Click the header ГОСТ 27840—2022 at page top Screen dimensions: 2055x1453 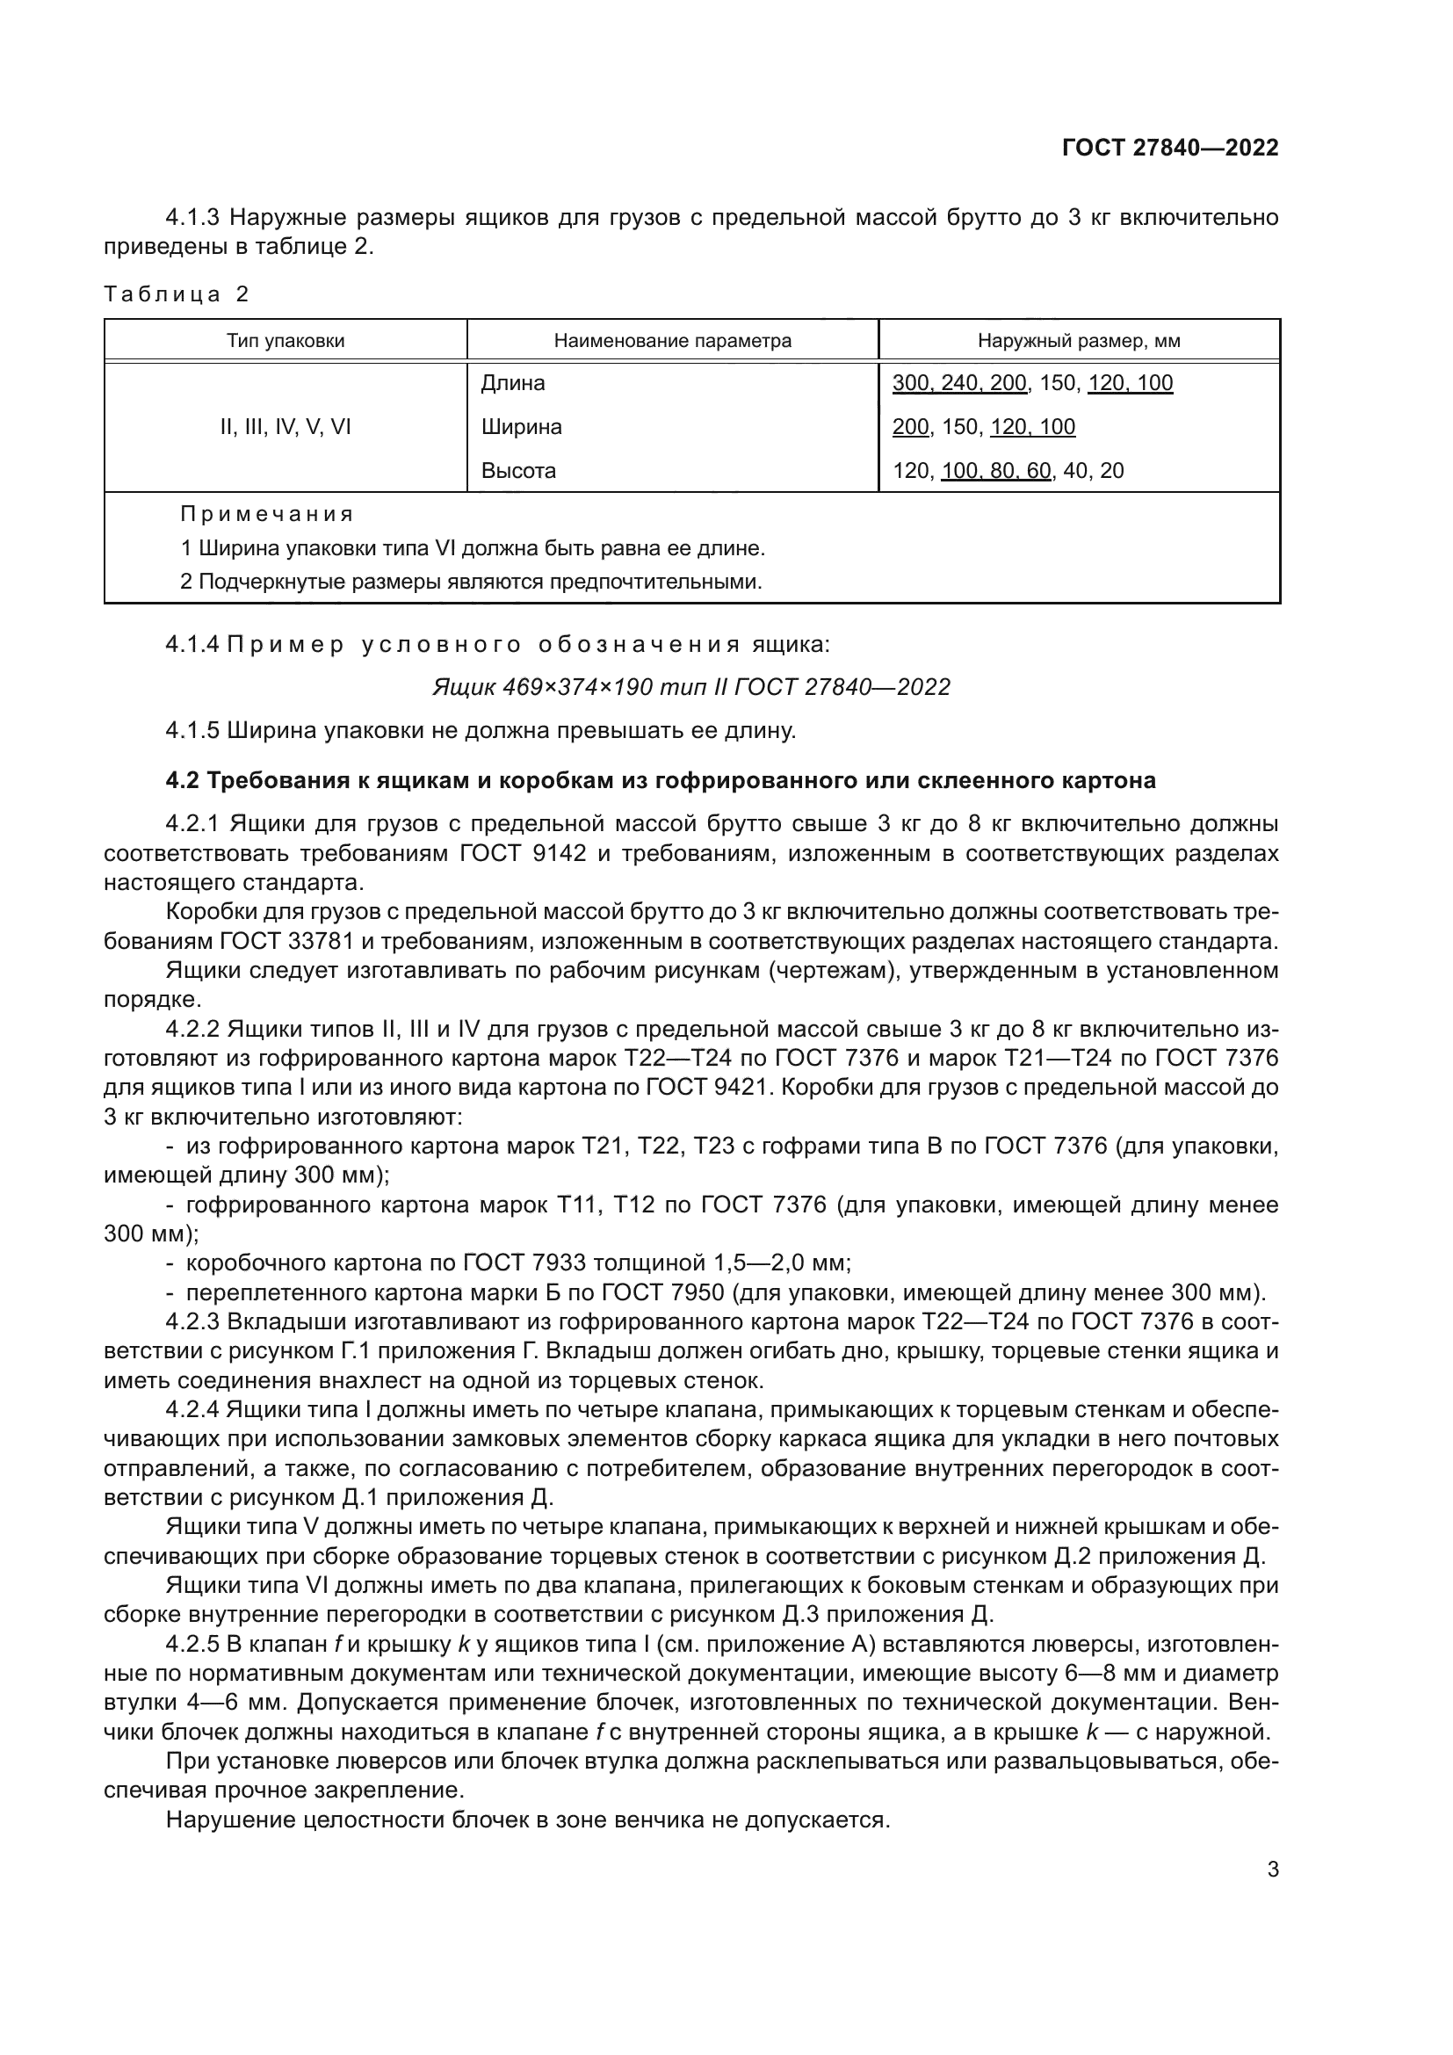tap(1169, 148)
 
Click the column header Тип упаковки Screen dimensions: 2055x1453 tap(286, 341)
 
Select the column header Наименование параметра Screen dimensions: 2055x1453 tap(672, 341)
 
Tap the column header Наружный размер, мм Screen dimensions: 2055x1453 tap(1078, 341)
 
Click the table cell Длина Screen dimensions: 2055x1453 tap(513, 383)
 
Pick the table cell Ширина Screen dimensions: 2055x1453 tap(521, 427)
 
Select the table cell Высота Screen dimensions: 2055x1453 tap(518, 471)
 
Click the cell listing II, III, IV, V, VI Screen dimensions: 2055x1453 tap(286, 427)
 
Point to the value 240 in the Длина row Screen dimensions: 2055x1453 tap(960, 383)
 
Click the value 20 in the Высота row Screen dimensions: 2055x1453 tap(1111, 471)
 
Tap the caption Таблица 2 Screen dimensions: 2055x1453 tap(177, 294)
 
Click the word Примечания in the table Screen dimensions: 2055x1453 tap(267, 515)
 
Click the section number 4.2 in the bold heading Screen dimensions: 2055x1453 tap(183, 781)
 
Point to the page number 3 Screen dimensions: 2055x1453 tap(1272, 1869)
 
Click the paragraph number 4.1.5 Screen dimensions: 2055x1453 tap(192, 731)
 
